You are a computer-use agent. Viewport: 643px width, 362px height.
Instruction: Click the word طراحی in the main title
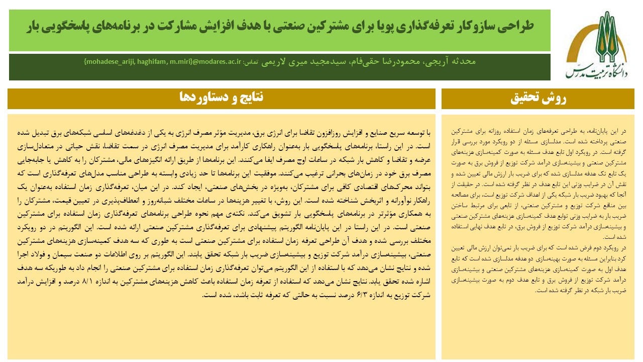tap(517, 26)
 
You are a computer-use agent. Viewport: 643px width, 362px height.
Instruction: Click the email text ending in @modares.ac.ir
tap(163, 61)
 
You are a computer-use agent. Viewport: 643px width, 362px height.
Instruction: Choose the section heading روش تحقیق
tap(538, 99)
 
